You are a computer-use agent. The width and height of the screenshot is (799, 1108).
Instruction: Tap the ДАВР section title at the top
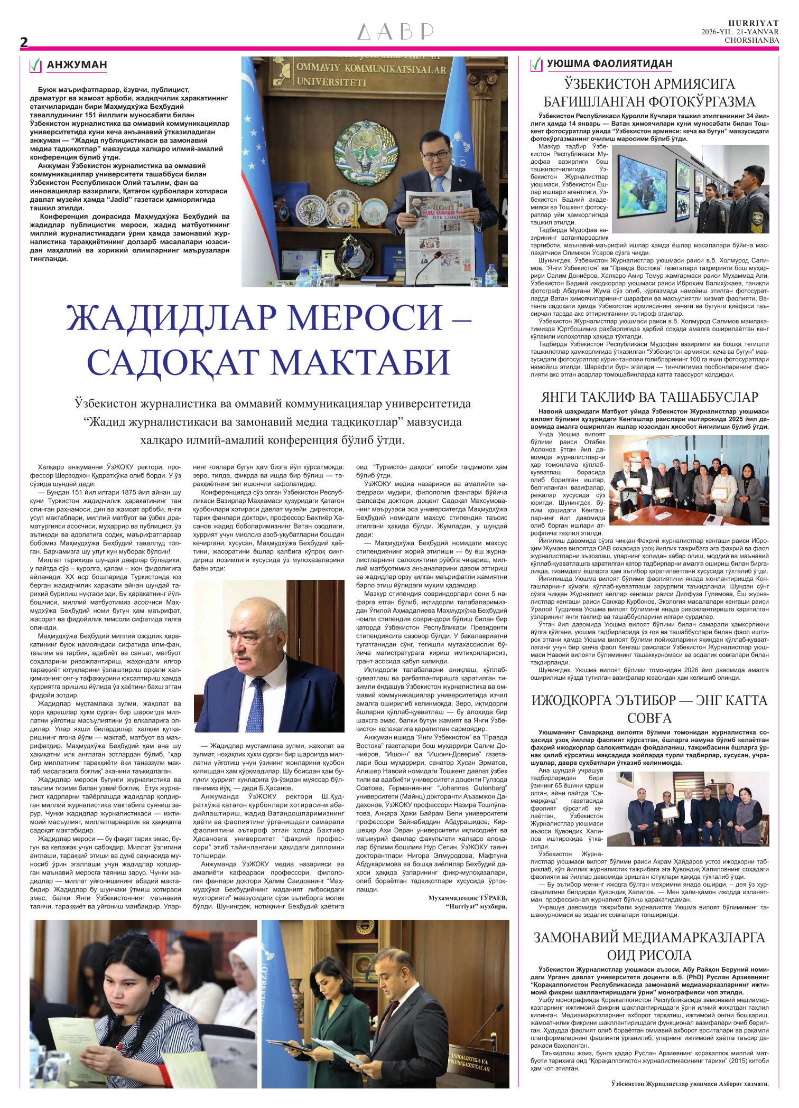click(396, 32)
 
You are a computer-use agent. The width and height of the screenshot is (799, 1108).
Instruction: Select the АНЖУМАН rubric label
click(77, 65)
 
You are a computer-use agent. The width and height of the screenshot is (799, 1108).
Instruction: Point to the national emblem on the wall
click(365, 153)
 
